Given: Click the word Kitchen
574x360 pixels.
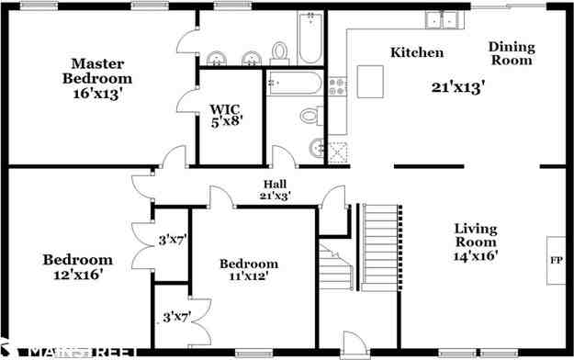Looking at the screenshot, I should pos(417,53).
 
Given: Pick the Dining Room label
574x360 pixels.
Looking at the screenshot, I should pos(510,53).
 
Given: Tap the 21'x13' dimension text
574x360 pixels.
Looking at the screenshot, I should pos(457,87).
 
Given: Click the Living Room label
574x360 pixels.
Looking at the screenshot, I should pos(475,235).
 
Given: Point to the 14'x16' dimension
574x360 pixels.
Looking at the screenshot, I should pos(475,256).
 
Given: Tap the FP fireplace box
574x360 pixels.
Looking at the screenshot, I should pos(556,259).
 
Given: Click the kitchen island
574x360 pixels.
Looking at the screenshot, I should pos(371,82).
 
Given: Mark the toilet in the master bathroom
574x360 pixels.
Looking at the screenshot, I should pos(310,116).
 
